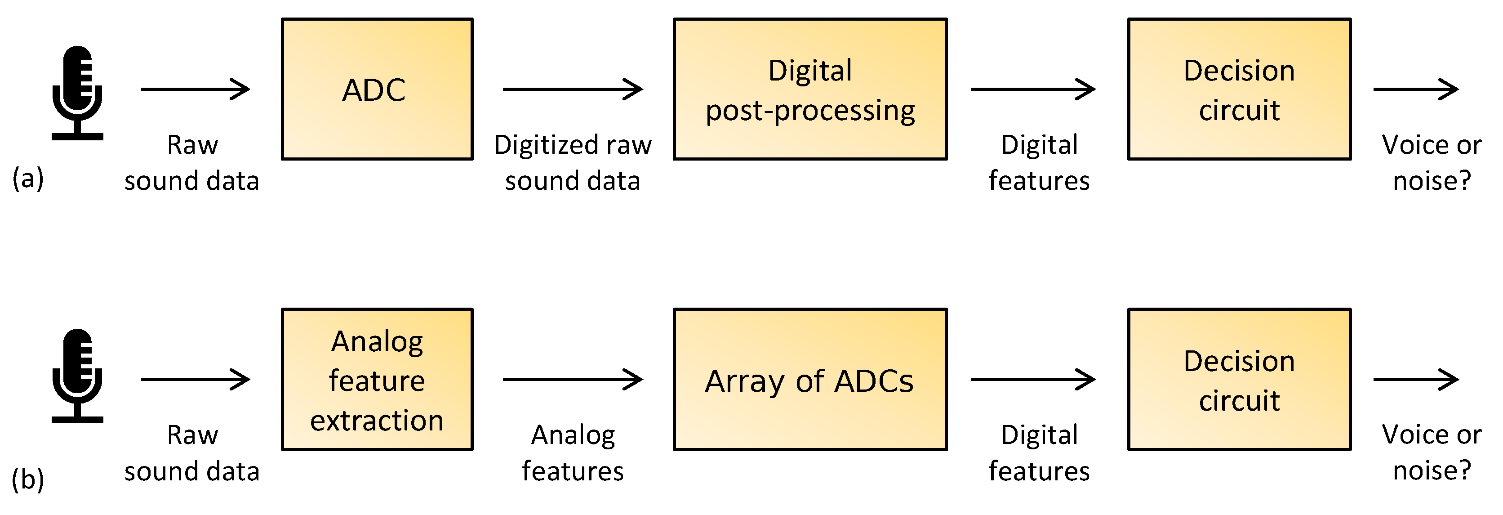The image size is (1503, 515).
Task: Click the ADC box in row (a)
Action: [x=377, y=89]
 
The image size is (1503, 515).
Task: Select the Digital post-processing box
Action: [x=810, y=89]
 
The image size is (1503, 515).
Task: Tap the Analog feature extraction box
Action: [x=377, y=380]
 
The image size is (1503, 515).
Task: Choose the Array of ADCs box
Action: [x=810, y=380]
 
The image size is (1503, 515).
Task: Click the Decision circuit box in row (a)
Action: [x=1239, y=89]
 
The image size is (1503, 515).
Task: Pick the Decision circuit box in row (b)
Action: [x=1239, y=380]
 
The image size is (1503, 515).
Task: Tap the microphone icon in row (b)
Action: [x=78, y=376]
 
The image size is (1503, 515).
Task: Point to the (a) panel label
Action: [x=28, y=178]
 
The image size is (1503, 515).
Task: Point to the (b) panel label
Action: [x=28, y=479]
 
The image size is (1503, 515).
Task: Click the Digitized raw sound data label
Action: [x=572, y=162]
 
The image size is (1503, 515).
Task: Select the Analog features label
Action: [x=572, y=453]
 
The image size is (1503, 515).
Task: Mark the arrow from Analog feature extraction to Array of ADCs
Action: [x=572, y=380]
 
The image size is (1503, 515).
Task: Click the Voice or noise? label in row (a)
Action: [x=1431, y=162]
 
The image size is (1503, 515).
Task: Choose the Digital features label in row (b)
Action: [x=1039, y=453]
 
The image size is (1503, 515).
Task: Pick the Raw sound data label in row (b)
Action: [x=192, y=453]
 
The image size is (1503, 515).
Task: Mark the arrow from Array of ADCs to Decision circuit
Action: [x=1033, y=380]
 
